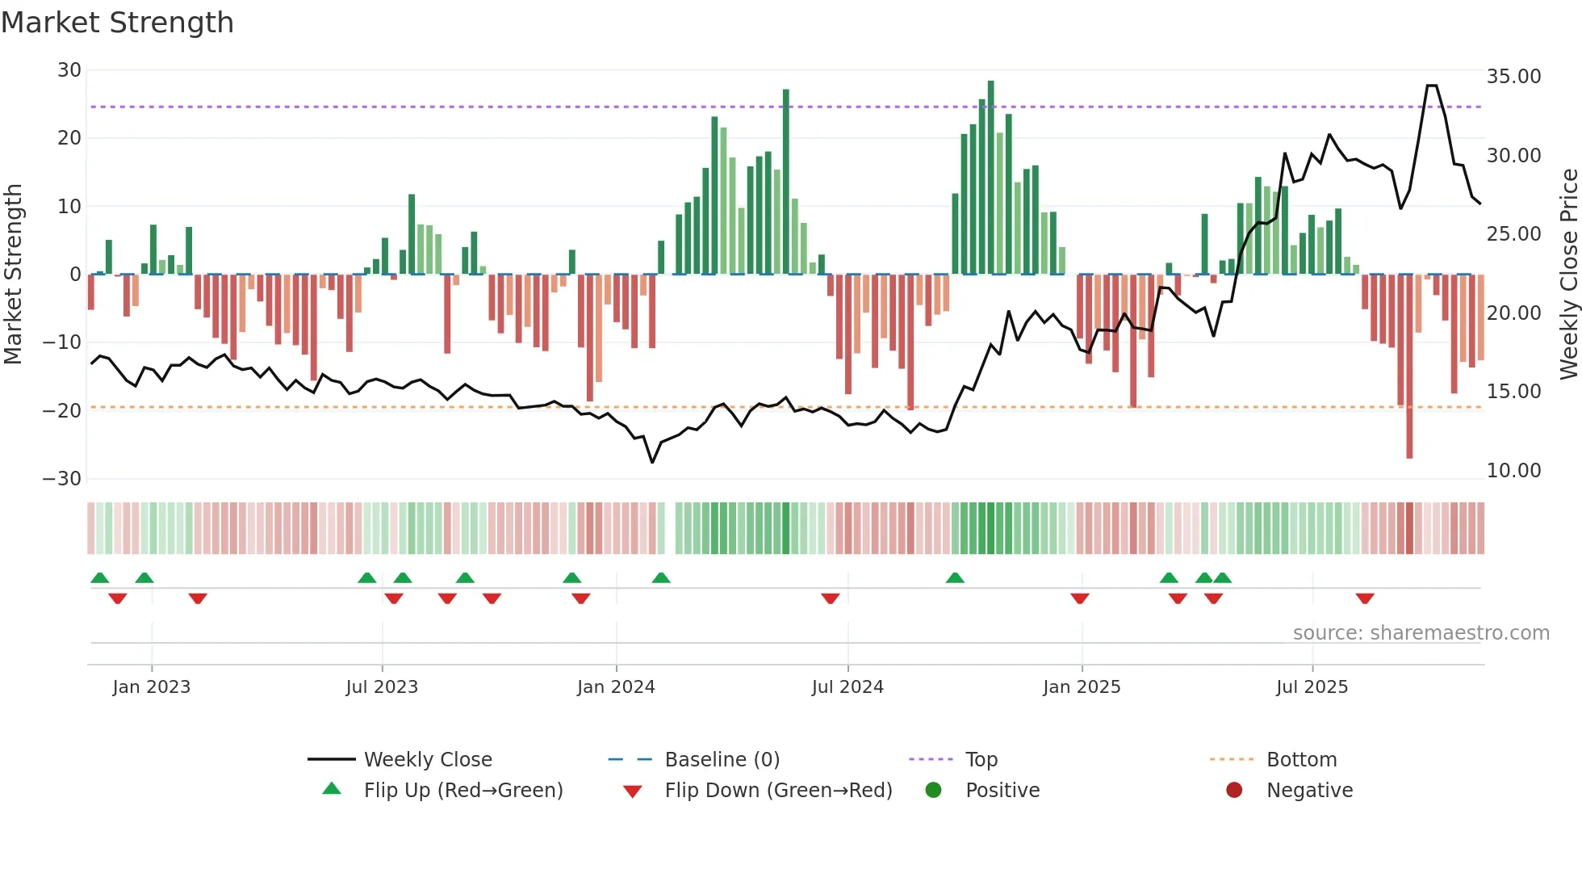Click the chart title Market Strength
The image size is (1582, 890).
(x=117, y=23)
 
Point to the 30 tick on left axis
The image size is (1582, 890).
(x=69, y=70)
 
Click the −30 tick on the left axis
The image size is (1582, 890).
(x=62, y=479)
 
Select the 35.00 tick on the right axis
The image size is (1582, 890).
(x=1513, y=77)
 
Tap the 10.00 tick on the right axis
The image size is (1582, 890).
(x=1513, y=471)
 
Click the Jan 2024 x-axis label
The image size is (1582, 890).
(x=616, y=687)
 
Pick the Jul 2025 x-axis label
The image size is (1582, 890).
(x=1312, y=687)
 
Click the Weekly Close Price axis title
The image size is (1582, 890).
(x=1568, y=274)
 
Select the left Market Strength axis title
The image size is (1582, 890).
(x=13, y=274)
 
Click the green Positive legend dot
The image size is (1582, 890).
(x=934, y=791)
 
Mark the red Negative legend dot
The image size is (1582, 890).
(x=1234, y=791)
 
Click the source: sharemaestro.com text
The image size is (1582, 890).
(x=1421, y=633)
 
